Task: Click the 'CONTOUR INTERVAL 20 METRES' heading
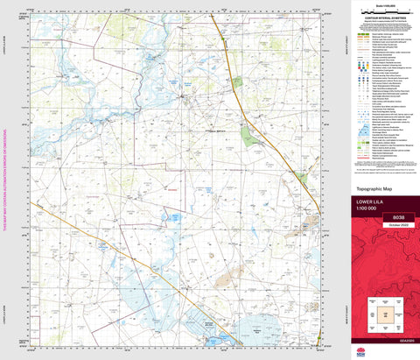click(381, 17)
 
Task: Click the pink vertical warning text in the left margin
click(4, 180)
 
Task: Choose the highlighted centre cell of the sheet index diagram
click(381, 313)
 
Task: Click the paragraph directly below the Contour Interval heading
click(381, 22)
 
